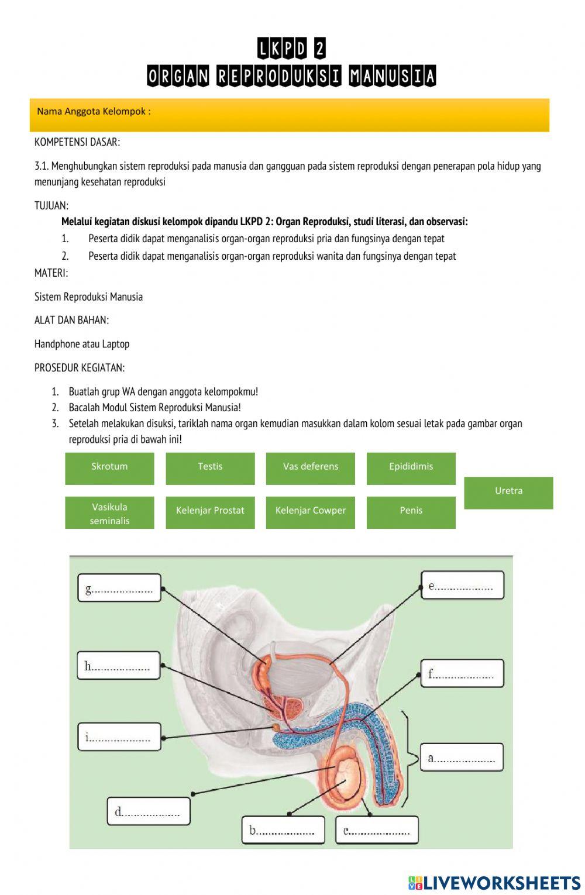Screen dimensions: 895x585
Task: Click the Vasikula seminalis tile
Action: coord(109,513)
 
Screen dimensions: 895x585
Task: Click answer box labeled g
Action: coord(119,588)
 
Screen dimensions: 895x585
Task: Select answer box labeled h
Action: coord(119,666)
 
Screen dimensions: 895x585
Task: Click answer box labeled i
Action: coord(119,737)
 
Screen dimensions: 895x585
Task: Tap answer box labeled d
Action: coord(149,811)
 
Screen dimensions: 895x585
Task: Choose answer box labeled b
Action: coord(283,830)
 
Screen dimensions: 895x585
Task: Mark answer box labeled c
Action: coord(377,830)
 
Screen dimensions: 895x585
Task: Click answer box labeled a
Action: coord(462,758)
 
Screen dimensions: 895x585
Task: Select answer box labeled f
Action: coord(462,673)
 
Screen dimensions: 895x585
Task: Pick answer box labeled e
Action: coord(462,585)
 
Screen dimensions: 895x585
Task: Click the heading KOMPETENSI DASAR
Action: coord(77,142)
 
